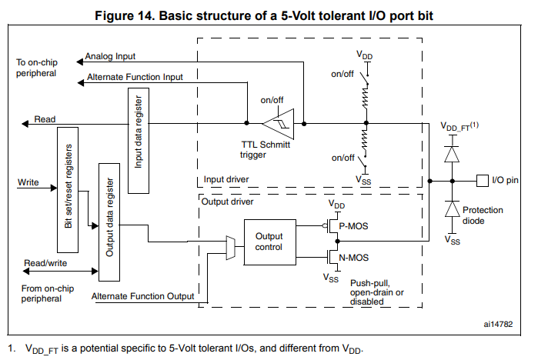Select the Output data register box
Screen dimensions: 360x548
[109, 222]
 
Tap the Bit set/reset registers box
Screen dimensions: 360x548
[68, 189]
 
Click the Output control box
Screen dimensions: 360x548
[269, 242]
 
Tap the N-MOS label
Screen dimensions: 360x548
[352, 258]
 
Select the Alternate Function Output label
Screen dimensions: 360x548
[142, 296]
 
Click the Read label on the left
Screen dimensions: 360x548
[45, 118]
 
